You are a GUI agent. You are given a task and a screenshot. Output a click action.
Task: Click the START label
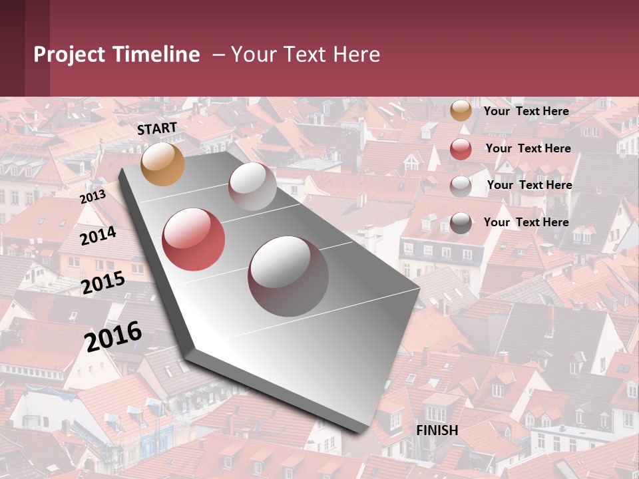[157, 128]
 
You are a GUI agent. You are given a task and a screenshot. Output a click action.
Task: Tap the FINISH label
[437, 430]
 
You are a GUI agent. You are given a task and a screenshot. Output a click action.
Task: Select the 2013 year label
[93, 197]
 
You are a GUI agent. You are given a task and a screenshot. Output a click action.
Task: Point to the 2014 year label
[99, 236]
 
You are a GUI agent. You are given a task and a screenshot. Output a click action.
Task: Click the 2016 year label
[114, 337]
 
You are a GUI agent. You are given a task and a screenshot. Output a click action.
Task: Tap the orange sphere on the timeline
[163, 164]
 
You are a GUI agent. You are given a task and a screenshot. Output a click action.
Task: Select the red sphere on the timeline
[194, 239]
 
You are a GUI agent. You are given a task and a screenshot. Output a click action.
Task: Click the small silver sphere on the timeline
[252, 186]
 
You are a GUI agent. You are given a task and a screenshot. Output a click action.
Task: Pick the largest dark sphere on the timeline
[288, 276]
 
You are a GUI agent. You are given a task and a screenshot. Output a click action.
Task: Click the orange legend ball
[461, 111]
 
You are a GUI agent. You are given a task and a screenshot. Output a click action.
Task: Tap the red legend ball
[461, 149]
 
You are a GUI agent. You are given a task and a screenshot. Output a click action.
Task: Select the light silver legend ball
[461, 186]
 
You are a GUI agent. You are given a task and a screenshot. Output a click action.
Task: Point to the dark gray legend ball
[461, 224]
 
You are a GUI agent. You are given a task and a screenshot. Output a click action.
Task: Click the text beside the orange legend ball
[526, 111]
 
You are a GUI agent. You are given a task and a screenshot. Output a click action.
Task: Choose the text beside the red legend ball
[528, 148]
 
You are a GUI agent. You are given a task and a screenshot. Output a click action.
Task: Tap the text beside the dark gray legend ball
[526, 222]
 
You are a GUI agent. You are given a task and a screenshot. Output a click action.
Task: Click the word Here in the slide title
[354, 55]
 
